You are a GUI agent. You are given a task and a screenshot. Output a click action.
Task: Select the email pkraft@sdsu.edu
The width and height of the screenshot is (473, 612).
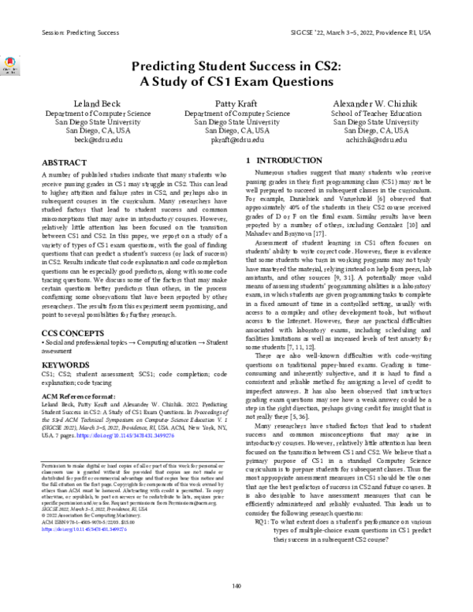236,138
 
